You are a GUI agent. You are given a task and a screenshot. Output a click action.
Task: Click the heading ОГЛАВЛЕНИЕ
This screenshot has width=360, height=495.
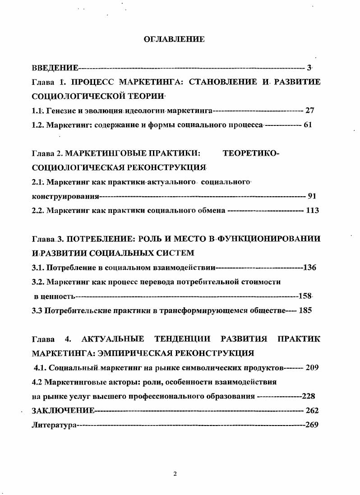click(x=174, y=39)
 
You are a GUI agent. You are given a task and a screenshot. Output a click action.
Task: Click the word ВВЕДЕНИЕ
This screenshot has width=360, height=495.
click(x=55, y=68)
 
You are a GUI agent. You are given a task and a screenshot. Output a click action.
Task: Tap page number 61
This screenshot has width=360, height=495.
click(x=308, y=125)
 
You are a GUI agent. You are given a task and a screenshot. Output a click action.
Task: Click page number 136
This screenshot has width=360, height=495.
click(x=309, y=267)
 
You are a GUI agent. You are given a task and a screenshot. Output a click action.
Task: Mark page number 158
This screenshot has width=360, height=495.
click(x=305, y=296)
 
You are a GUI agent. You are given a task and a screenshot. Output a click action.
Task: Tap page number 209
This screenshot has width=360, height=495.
click(x=312, y=367)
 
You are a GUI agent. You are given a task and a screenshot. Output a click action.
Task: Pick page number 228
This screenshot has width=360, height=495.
click(x=308, y=396)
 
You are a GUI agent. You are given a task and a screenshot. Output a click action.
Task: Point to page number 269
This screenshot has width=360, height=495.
click(x=312, y=425)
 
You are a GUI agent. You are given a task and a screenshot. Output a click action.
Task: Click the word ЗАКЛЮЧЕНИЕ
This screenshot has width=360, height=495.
click(x=63, y=410)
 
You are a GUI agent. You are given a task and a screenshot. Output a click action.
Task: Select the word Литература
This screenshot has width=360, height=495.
click(x=53, y=425)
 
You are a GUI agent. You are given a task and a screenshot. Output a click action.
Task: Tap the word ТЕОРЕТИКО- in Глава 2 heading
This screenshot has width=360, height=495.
click(x=251, y=153)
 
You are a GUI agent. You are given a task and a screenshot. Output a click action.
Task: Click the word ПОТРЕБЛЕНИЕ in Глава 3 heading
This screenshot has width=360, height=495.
click(x=102, y=239)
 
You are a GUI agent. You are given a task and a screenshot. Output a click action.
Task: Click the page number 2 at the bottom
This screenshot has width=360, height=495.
click(x=175, y=473)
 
